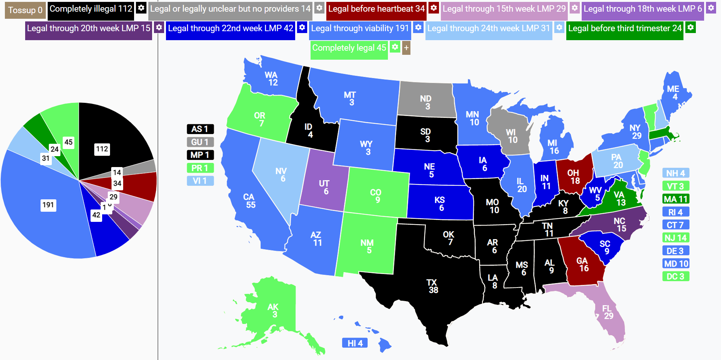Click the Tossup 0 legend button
point(25,10)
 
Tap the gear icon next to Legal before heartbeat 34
point(433,8)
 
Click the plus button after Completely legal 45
point(406,48)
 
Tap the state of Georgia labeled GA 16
point(583,264)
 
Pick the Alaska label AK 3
point(273,310)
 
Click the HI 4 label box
point(355,343)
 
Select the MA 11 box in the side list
point(676,199)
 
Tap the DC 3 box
point(676,277)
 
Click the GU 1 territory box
point(200,142)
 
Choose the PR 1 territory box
point(200,168)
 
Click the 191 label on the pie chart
point(48,205)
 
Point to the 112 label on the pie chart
point(102,149)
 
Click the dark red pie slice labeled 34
point(143,186)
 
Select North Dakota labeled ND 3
point(426,102)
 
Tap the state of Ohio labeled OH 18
point(573,176)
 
